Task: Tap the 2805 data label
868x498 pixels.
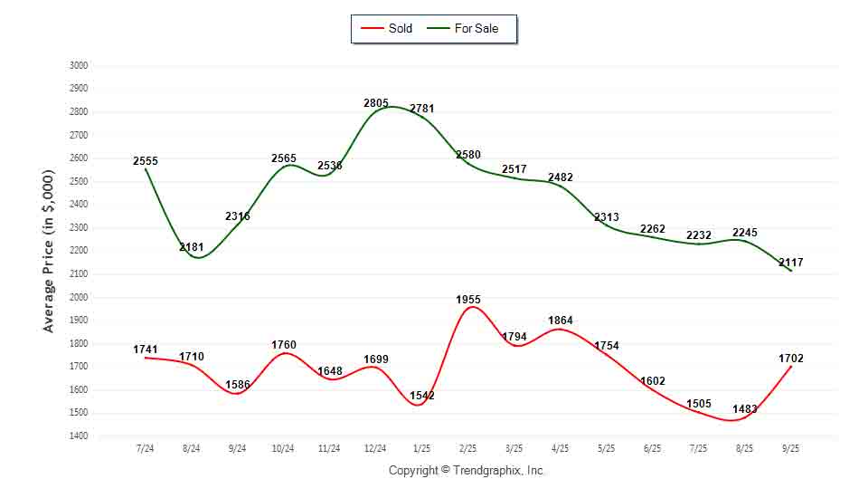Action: click(376, 103)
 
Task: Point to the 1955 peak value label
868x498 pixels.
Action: click(468, 299)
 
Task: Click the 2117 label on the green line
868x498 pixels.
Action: click(790, 263)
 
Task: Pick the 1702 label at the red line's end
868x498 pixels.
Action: click(790, 359)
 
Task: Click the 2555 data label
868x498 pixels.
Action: click(146, 161)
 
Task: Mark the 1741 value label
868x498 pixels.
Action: click(146, 350)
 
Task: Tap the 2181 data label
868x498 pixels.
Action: click(192, 247)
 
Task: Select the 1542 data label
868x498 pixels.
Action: click(422, 396)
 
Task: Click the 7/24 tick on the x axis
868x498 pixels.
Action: click(145, 448)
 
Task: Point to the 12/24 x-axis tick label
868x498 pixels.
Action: click(375, 448)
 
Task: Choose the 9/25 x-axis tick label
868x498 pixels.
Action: click(790, 448)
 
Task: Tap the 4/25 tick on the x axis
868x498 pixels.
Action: click(560, 448)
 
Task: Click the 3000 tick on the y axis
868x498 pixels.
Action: click(79, 65)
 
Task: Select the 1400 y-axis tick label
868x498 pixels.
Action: click(79, 436)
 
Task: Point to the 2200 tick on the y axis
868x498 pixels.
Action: click(79, 251)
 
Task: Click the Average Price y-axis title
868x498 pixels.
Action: click(49, 251)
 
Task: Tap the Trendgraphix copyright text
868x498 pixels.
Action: click(467, 471)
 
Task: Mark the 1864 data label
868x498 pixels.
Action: click(561, 321)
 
